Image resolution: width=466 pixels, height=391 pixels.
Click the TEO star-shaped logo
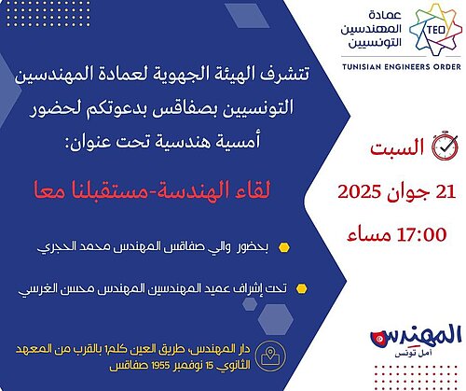(x=435, y=30)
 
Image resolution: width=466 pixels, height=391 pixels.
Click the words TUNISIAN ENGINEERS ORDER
(x=402, y=66)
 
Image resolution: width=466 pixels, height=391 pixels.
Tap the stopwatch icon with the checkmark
(x=445, y=146)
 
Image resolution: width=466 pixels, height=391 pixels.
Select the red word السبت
(x=397, y=147)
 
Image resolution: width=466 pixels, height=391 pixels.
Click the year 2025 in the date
(x=359, y=191)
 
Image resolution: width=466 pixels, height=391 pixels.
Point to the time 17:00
(x=421, y=234)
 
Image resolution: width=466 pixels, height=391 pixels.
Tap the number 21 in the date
(x=445, y=191)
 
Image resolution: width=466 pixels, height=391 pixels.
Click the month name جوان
(x=408, y=193)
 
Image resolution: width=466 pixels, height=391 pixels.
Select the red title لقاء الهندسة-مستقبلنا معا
(x=152, y=189)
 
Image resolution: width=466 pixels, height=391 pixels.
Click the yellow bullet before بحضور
(x=284, y=247)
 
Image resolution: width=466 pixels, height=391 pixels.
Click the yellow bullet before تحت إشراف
(x=301, y=288)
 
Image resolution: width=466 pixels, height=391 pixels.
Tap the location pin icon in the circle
(x=270, y=356)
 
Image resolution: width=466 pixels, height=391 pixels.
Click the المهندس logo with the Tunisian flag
(x=416, y=337)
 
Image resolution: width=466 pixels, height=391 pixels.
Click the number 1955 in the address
(x=161, y=366)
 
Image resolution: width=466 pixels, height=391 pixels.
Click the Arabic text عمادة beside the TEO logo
(x=385, y=15)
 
